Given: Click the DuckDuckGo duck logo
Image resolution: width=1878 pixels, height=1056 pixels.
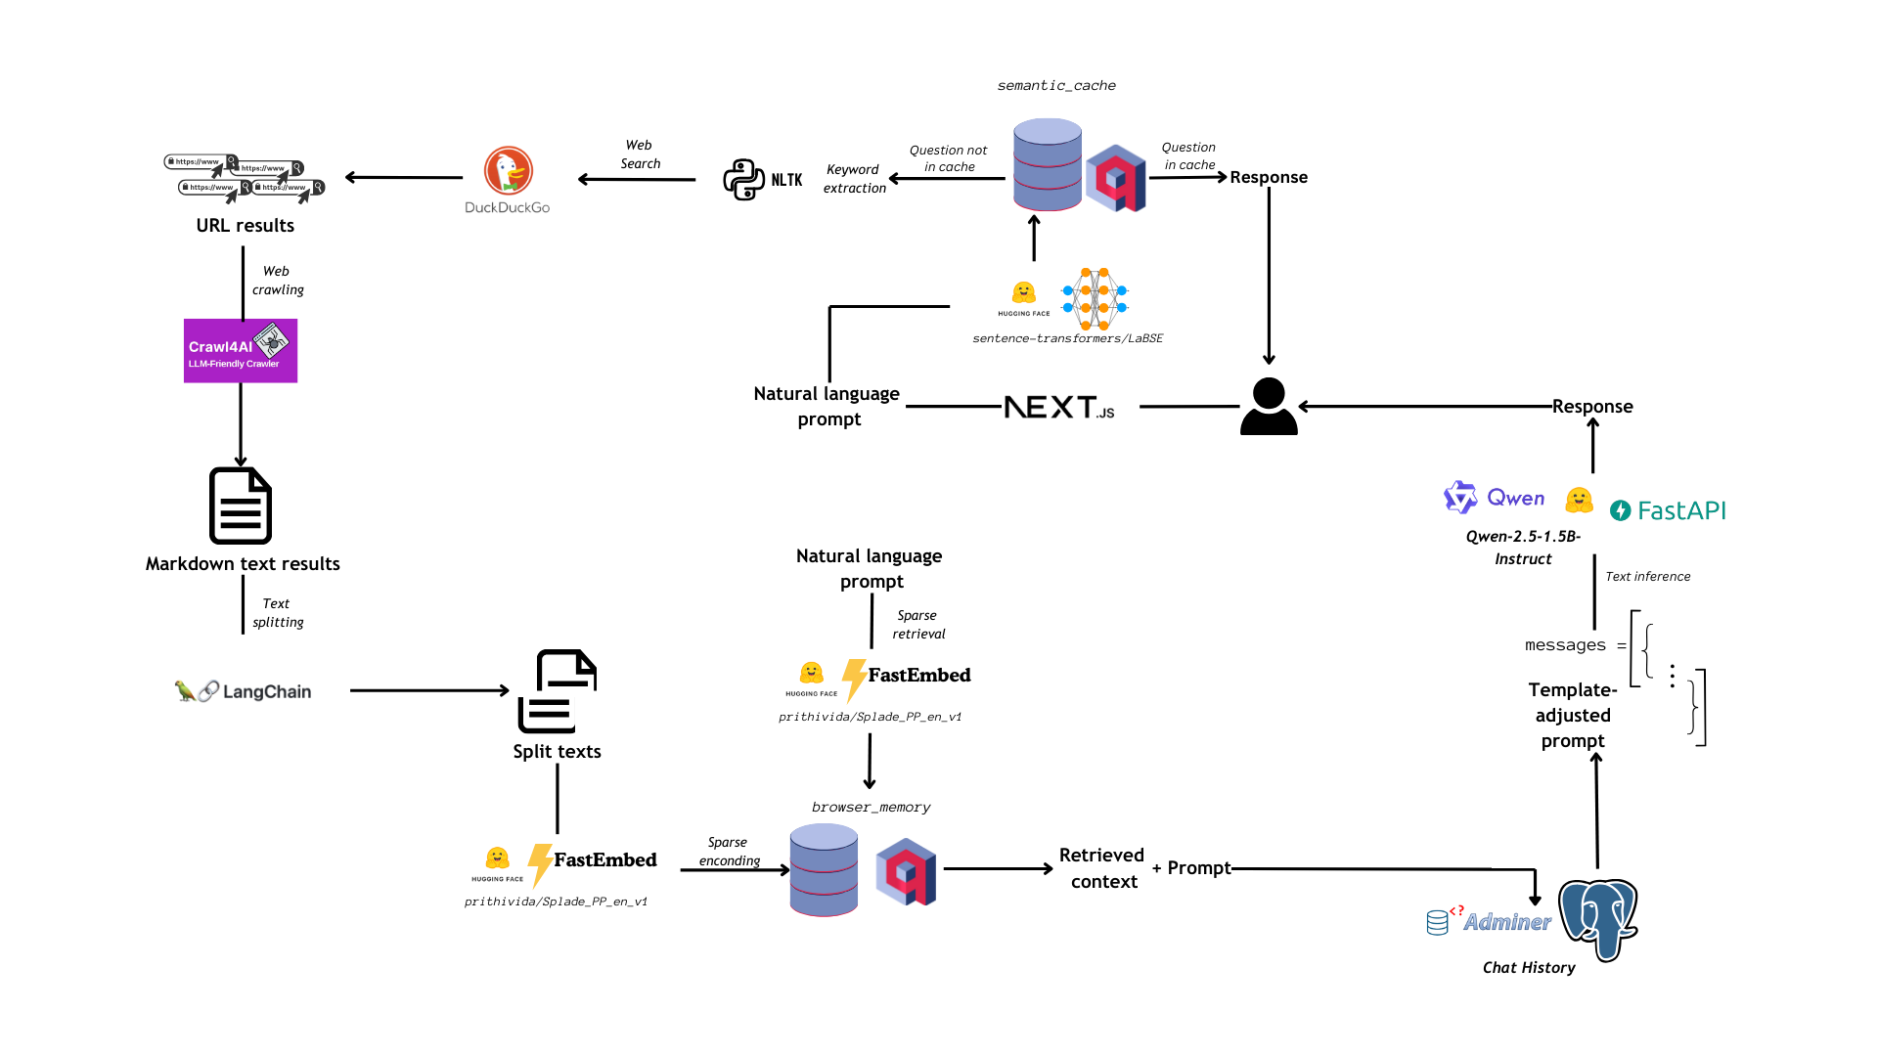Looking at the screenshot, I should [509, 171].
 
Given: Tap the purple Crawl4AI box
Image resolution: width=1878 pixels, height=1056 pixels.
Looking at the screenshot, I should [241, 351].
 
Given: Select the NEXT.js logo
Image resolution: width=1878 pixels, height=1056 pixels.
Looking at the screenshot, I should [1059, 407].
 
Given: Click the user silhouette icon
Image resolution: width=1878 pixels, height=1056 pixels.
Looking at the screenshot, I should [1269, 407].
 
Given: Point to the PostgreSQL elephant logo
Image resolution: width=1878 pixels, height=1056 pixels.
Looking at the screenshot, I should [1598, 919].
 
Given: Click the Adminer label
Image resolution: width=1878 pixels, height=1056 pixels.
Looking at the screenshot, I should [1506, 922].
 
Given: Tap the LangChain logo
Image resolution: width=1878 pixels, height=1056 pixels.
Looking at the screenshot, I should [244, 691].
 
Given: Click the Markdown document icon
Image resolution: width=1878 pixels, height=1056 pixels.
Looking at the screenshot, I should [241, 506].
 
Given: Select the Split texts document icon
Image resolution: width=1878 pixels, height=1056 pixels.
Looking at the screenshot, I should [557, 691].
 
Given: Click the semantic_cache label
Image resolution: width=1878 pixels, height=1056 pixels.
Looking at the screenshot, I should [1056, 86].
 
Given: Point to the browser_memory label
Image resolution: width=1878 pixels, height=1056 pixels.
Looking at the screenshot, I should [871, 808].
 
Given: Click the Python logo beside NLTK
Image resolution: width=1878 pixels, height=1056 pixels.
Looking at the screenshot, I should [743, 180].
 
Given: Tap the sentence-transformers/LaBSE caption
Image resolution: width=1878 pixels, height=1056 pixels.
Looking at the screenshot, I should [1067, 338].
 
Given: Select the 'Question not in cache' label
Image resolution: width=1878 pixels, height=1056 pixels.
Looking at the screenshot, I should [948, 158].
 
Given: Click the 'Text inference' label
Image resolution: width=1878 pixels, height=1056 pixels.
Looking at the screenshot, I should [1647, 577].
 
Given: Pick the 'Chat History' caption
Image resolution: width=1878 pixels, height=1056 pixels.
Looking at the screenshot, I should [1529, 968].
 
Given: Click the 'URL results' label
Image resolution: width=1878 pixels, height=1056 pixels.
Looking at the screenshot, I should [245, 226].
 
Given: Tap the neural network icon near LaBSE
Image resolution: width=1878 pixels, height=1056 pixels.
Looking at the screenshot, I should [1095, 297].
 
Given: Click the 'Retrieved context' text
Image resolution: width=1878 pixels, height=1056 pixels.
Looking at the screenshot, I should [1102, 868].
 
